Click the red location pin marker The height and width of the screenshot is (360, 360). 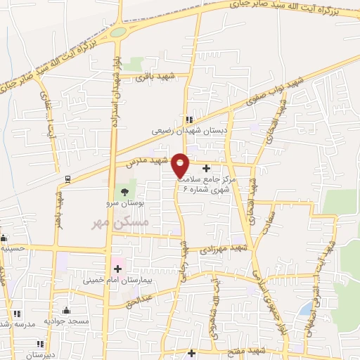point(181,165)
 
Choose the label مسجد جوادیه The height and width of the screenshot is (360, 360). point(67,321)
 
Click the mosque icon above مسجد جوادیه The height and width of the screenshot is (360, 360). point(67,310)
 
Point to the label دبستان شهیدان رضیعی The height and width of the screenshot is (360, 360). point(189,130)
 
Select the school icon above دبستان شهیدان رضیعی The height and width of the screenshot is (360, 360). point(189,118)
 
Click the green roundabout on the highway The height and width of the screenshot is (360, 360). point(117,32)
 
